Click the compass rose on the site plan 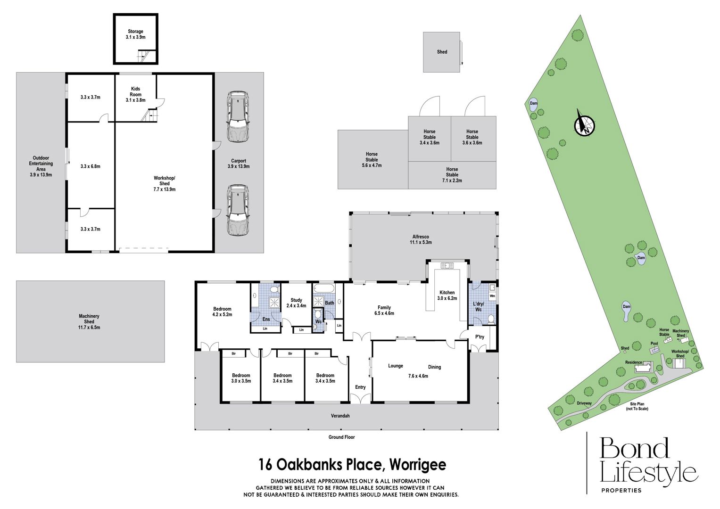coord(584,125)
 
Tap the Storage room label coord(135,34)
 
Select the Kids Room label coord(135,94)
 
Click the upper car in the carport coord(238,116)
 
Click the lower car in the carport coord(238,210)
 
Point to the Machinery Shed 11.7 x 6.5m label coord(89,321)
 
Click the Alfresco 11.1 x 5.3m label coord(421,239)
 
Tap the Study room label coord(296,303)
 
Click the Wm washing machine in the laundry coord(492,296)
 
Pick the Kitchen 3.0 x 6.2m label coord(447,296)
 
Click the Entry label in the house coord(360,387)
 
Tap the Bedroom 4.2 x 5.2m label coord(222,312)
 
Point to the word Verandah coord(340,416)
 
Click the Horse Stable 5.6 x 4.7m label coord(372,160)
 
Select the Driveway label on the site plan coord(584,403)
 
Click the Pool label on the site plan coord(654,344)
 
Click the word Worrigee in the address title coord(418,465)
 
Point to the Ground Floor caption coord(342,437)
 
